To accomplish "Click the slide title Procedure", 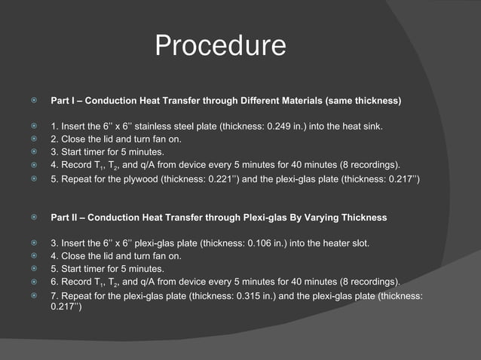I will tap(220, 47).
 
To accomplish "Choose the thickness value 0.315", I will tap(253, 296).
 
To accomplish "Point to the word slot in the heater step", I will tap(359, 243).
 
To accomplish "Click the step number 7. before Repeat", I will tap(54, 296).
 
